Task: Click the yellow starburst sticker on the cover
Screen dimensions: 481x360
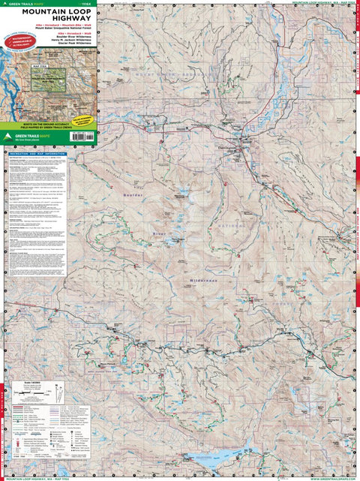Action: [84, 118]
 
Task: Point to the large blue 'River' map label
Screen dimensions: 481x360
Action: [158, 233]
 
